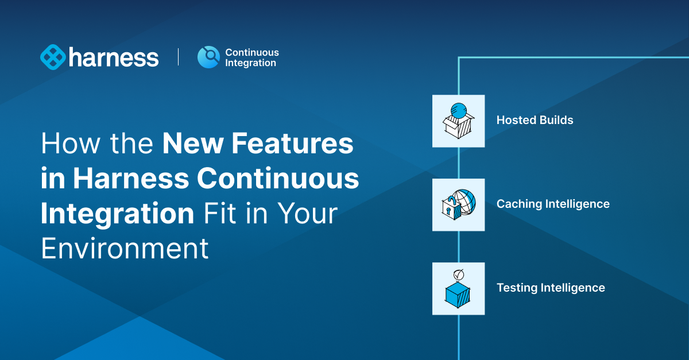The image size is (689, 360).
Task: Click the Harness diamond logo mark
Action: [53, 57]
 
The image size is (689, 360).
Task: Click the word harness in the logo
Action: [114, 57]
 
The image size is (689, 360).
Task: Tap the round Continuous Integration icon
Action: [208, 57]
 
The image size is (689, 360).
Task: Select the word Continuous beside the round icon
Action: [251, 52]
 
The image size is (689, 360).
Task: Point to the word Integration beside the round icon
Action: [250, 63]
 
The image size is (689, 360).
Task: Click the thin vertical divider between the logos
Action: [178, 57]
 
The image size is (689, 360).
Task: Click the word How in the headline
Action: [64, 144]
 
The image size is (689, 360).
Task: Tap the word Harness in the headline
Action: [132, 179]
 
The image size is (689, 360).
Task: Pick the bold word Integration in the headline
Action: [117, 214]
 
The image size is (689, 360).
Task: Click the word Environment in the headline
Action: [125, 249]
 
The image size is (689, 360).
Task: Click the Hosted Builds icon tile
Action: [458, 121]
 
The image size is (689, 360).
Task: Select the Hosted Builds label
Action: [535, 120]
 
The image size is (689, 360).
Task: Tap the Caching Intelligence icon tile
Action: [458, 204]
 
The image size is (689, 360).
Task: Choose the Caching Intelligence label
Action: [552, 204]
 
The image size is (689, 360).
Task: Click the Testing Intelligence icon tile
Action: [458, 288]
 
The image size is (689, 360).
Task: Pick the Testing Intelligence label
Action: [550, 288]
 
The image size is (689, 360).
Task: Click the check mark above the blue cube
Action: [458, 274]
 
